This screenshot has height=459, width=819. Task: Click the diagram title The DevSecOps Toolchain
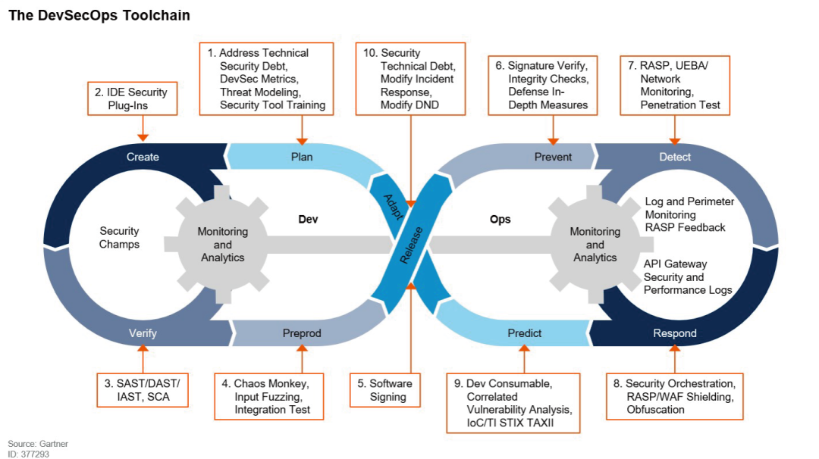tap(99, 15)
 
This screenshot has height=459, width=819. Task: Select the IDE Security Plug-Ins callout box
tap(133, 98)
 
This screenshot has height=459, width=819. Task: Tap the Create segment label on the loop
tap(143, 157)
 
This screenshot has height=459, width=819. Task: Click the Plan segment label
tap(302, 157)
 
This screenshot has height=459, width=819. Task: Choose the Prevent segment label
tap(553, 157)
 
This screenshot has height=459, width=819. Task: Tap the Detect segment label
tap(675, 157)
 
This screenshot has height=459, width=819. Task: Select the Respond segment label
tap(675, 333)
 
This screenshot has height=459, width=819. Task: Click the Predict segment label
tap(524, 333)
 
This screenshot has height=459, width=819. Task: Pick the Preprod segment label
tap(302, 333)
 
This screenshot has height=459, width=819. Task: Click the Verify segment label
tap(143, 333)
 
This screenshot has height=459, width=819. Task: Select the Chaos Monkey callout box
tap(268, 396)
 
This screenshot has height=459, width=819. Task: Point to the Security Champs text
tap(119, 238)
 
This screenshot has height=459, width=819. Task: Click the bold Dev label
tap(307, 220)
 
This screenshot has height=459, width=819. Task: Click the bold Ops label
tap(500, 220)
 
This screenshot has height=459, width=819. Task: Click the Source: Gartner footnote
tap(33, 443)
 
